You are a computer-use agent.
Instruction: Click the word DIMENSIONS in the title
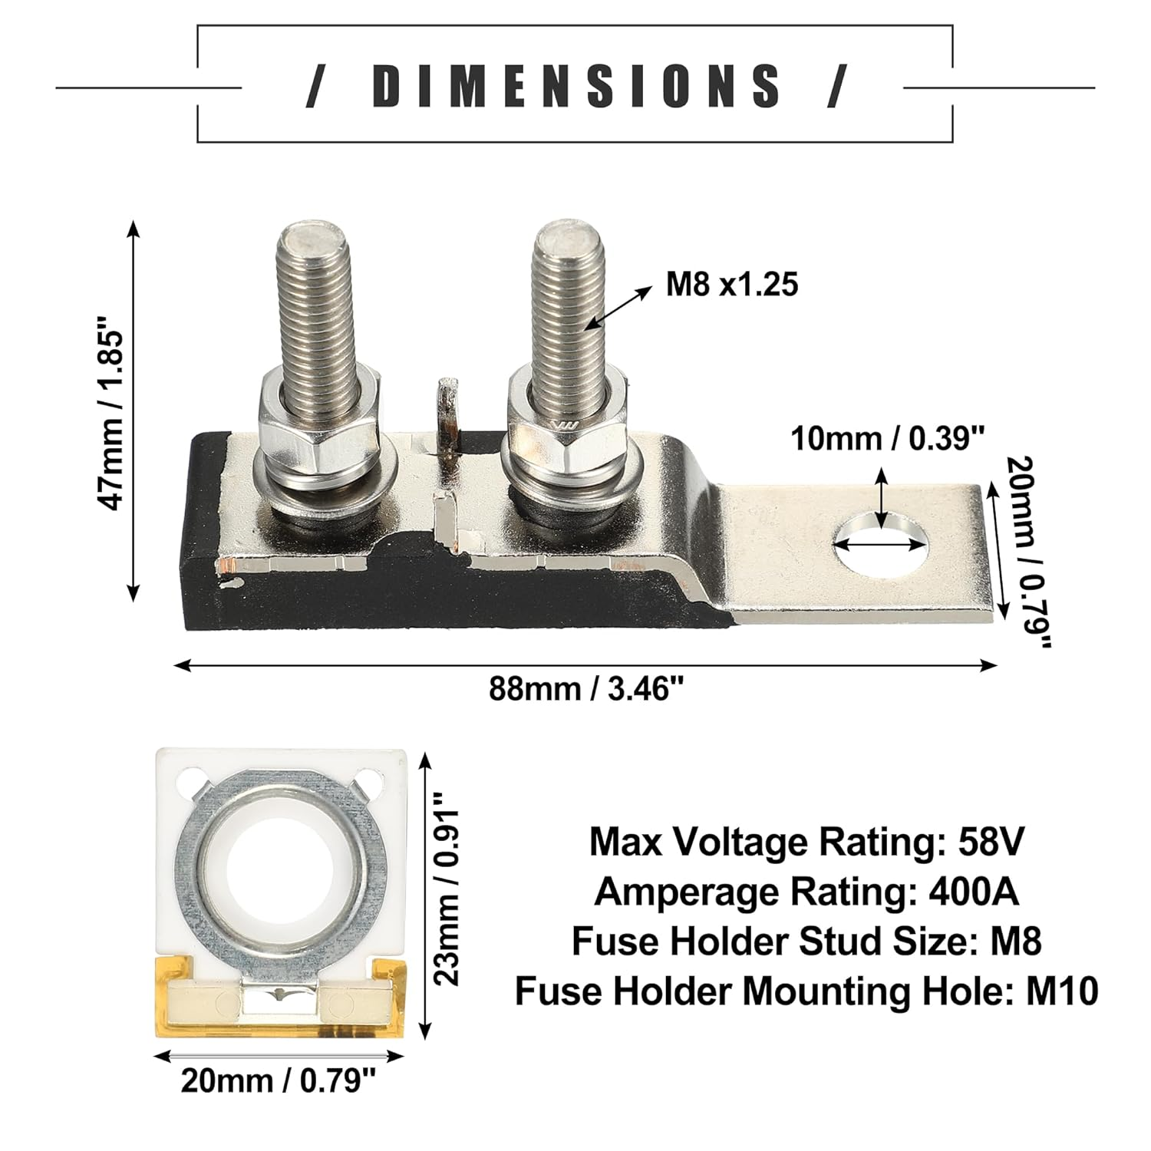pyautogui.click(x=576, y=85)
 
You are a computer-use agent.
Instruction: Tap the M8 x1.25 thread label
pyautogui.click(x=731, y=285)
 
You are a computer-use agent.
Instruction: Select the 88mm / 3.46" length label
pyautogui.click(x=586, y=689)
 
